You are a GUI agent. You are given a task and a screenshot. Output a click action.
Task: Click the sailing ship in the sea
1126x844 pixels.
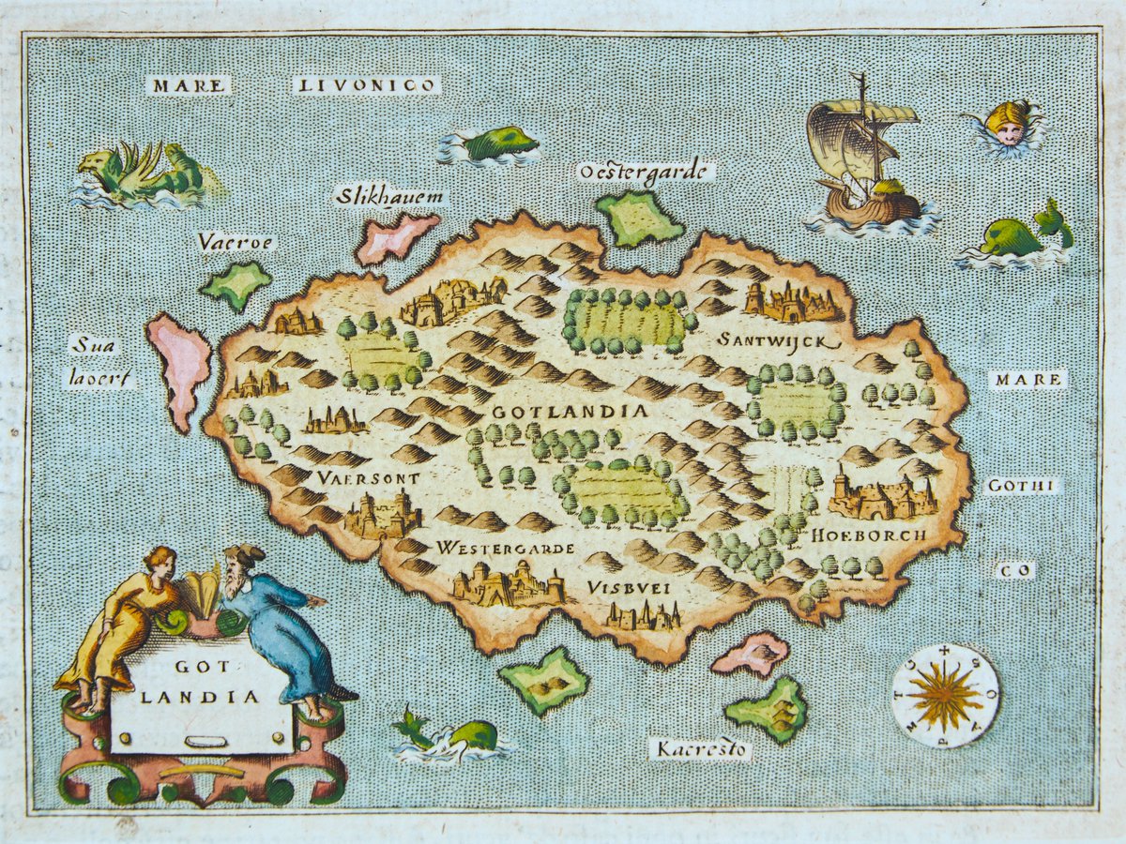(x=861, y=159)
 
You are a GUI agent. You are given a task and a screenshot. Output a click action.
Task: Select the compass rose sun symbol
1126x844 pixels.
(x=945, y=696)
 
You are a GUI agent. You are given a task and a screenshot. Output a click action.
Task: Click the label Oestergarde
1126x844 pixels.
(x=646, y=171)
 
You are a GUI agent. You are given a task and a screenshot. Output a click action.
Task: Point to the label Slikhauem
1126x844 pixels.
(x=389, y=197)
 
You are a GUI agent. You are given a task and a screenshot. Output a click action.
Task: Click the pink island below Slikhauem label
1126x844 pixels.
(x=396, y=236)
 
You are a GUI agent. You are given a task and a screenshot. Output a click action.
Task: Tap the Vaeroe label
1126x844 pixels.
(x=235, y=242)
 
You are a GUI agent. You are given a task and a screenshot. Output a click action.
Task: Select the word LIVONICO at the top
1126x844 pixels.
(x=366, y=85)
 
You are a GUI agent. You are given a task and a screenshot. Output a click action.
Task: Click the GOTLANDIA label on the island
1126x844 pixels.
(x=570, y=412)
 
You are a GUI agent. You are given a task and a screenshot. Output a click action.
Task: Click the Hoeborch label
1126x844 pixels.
(x=869, y=535)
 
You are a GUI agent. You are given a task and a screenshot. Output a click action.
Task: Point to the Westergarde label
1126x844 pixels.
(x=505, y=547)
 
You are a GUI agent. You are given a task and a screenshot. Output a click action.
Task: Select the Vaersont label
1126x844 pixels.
(x=368, y=477)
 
